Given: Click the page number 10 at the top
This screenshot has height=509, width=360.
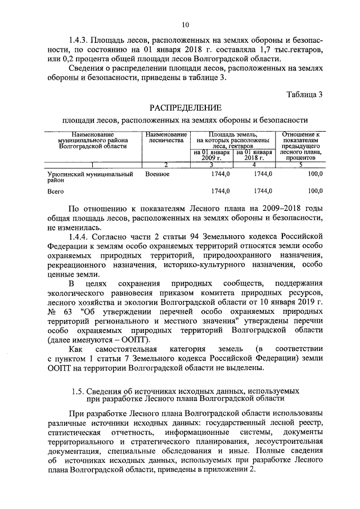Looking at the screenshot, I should [x=185, y=24].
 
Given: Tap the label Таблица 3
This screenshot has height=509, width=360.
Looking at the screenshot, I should [x=304, y=94].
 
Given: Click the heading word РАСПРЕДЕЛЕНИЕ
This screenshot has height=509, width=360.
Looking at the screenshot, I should [x=185, y=107].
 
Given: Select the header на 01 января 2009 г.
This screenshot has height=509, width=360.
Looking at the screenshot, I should [x=211, y=155].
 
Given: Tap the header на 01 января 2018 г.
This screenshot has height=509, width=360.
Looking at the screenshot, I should [x=254, y=155].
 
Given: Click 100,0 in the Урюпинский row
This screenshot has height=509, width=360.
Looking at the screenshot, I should [x=315, y=175].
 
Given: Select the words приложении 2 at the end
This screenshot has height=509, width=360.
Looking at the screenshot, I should [x=232, y=470].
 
